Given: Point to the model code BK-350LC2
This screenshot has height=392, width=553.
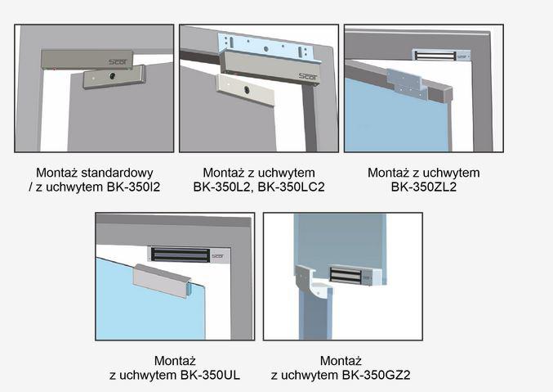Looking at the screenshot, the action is point(291,187).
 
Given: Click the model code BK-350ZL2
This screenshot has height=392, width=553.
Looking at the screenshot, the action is point(424,187).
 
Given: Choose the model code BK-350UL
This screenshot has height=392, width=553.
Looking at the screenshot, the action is point(210,375).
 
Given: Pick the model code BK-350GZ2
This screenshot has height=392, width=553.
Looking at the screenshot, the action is point(374,375).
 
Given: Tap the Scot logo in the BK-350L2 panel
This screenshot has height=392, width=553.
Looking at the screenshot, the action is point(308,76).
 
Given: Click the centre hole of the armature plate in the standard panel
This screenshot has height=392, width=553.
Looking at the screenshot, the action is point(113,75).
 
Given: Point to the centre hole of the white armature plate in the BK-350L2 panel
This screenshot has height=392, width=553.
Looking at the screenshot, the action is point(247,90).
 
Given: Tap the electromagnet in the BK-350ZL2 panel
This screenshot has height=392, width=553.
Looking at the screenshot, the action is point(441,55).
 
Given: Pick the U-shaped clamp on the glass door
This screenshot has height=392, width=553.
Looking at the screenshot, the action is point(162,281).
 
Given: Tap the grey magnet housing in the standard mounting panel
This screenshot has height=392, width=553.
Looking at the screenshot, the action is point(87,59).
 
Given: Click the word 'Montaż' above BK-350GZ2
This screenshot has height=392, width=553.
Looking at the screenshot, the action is point(341,361).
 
